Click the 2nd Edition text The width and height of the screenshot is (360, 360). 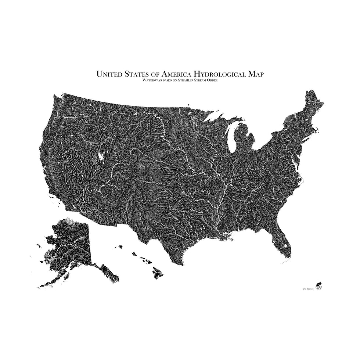tap(308, 289)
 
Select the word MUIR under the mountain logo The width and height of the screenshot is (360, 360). tap(318, 287)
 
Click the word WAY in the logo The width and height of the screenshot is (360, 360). tap(318, 290)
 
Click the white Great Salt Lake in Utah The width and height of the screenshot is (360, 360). tap(100, 157)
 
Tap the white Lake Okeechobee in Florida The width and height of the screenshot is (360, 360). tap(285, 245)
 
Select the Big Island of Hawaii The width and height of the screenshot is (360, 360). tap(158, 273)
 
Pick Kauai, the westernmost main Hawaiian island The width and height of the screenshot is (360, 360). tap(120, 247)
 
